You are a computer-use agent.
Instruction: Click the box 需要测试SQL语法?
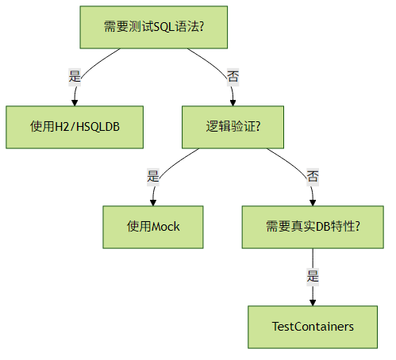[154, 27]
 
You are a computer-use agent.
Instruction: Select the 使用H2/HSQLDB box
[75, 127]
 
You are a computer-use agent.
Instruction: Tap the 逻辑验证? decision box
[233, 127]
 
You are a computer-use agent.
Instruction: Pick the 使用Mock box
[153, 227]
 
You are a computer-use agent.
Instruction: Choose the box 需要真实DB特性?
[313, 227]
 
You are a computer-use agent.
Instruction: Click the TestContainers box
[313, 327]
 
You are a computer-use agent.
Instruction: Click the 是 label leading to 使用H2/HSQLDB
[75, 77]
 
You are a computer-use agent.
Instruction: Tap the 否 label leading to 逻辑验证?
[233, 77]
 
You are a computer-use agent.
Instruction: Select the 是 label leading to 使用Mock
[153, 177]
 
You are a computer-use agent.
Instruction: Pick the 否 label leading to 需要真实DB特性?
[313, 177]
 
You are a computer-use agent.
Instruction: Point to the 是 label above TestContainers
[313, 277]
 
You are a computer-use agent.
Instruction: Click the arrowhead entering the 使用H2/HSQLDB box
[75, 103]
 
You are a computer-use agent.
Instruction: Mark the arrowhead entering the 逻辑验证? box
[233, 103]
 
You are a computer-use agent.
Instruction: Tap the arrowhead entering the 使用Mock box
[153, 203]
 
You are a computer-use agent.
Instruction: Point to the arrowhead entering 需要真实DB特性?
[313, 203]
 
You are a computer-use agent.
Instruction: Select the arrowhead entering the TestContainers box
[313, 303]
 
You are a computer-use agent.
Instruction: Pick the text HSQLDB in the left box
[98, 127]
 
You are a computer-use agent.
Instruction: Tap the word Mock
[166, 227]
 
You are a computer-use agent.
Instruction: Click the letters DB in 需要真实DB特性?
[323, 227]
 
